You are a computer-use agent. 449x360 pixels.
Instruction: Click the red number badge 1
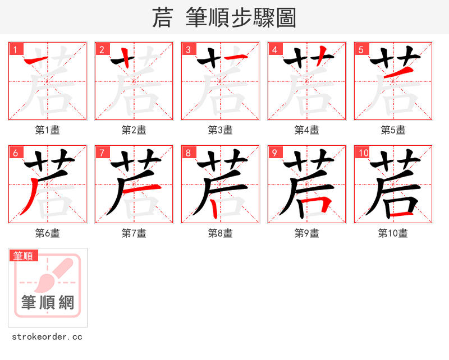pos(15,49)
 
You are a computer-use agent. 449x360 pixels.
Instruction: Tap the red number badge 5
pos(361,49)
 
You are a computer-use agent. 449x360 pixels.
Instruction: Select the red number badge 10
pos(363,153)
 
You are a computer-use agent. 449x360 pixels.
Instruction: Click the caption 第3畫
pos(220,130)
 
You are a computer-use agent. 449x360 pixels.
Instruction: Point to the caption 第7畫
pos(134,233)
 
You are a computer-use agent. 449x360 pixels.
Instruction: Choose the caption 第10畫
pos(393,233)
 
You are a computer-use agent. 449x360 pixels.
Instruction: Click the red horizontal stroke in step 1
pos(35,58)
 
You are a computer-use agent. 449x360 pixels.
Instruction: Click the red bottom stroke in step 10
pos(403,214)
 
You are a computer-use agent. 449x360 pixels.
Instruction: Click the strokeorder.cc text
pos(47,337)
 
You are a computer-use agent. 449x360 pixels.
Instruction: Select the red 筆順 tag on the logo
pos(24,256)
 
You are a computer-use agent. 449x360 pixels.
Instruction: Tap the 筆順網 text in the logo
pos(48,303)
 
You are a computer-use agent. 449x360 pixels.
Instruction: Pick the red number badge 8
pos(188,153)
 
